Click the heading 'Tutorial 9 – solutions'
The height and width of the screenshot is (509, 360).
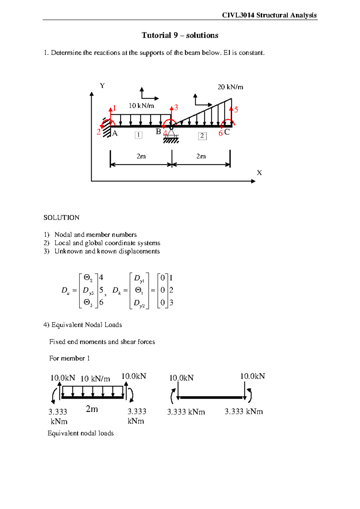tap(180, 35)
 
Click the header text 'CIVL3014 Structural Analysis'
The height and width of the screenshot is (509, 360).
tap(269, 15)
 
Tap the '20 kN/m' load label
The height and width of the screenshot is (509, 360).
tap(230, 87)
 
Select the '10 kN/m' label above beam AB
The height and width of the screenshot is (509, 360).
tap(141, 106)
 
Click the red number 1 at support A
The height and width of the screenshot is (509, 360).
tap(114, 108)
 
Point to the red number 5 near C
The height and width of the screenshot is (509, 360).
tap(236, 110)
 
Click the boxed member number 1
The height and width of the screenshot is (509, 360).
tap(138, 135)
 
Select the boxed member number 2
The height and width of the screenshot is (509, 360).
tap(202, 136)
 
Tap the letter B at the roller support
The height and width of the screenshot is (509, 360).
tap(158, 131)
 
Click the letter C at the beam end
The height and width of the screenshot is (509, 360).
tap(227, 132)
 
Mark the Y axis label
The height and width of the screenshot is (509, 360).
tap(102, 86)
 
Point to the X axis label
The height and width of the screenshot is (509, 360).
tap(259, 173)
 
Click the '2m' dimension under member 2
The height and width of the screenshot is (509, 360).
tap(201, 156)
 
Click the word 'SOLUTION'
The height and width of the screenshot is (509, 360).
tap(61, 218)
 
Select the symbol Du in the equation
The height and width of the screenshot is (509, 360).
tap(65, 291)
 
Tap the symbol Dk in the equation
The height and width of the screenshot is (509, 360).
tap(116, 291)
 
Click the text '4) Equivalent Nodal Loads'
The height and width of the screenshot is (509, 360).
tap(83, 325)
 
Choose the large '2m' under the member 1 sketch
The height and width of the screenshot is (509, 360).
tap(92, 409)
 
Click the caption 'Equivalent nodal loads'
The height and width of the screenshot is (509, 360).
tap(81, 433)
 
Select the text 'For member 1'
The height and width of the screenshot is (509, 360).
tap(70, 358)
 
